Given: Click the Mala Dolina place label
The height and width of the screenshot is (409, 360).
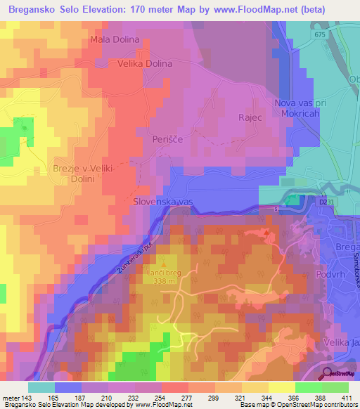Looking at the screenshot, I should (115, 39).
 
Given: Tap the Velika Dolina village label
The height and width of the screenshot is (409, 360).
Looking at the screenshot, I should (141, 63).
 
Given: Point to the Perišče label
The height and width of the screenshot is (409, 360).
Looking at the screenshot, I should (167, 140).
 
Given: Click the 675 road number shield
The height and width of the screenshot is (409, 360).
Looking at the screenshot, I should (321, 34).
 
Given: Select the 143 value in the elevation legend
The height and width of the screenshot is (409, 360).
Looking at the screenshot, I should (29, 398).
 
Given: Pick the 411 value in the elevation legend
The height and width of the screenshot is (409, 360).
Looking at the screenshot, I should (347, 398).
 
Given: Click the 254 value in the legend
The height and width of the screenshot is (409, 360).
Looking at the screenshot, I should (162, 398).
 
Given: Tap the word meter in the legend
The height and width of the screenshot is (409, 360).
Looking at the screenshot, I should (11, 398).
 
